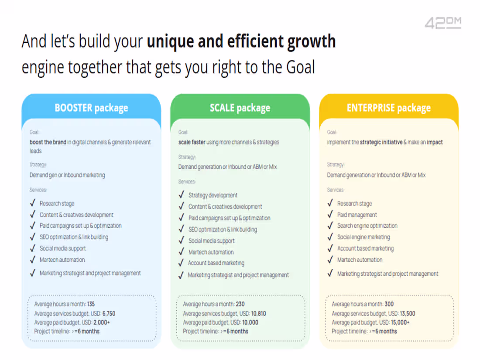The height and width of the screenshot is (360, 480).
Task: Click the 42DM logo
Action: tap(443, 23)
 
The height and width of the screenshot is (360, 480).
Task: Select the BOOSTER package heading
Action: tap(91, 108)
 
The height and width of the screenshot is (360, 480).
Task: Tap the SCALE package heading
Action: tap(240, 108)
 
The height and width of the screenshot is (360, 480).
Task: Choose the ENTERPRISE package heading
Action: tap(388, 108)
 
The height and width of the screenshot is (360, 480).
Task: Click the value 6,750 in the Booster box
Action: tap(109, 313)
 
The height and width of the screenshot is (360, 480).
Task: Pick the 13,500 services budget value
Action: tap(408, 313)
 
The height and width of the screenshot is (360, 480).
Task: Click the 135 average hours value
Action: tap(91, 304)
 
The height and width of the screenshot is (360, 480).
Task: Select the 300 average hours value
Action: tap(389, 304)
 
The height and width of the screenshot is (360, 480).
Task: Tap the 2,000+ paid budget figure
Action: tap(102, 322)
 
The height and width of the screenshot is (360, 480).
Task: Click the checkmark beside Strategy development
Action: tap(181, 195)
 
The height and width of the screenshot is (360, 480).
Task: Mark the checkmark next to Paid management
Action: tap(330, 214)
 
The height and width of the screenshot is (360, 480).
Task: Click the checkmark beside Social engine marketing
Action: tap(330, 237)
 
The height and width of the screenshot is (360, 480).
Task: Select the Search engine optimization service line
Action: tap(367, 226)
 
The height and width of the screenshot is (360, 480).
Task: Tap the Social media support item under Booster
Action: tap(63, 248)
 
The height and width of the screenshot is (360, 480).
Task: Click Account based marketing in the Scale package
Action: tap(216, 263)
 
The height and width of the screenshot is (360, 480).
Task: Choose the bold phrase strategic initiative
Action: tap(381, 142)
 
